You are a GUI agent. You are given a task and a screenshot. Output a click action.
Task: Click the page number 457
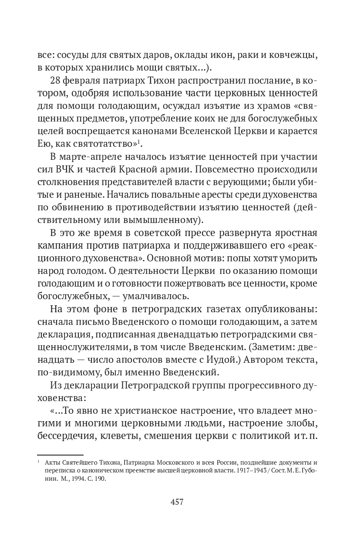pyautogui.click(x=177, y=502)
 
